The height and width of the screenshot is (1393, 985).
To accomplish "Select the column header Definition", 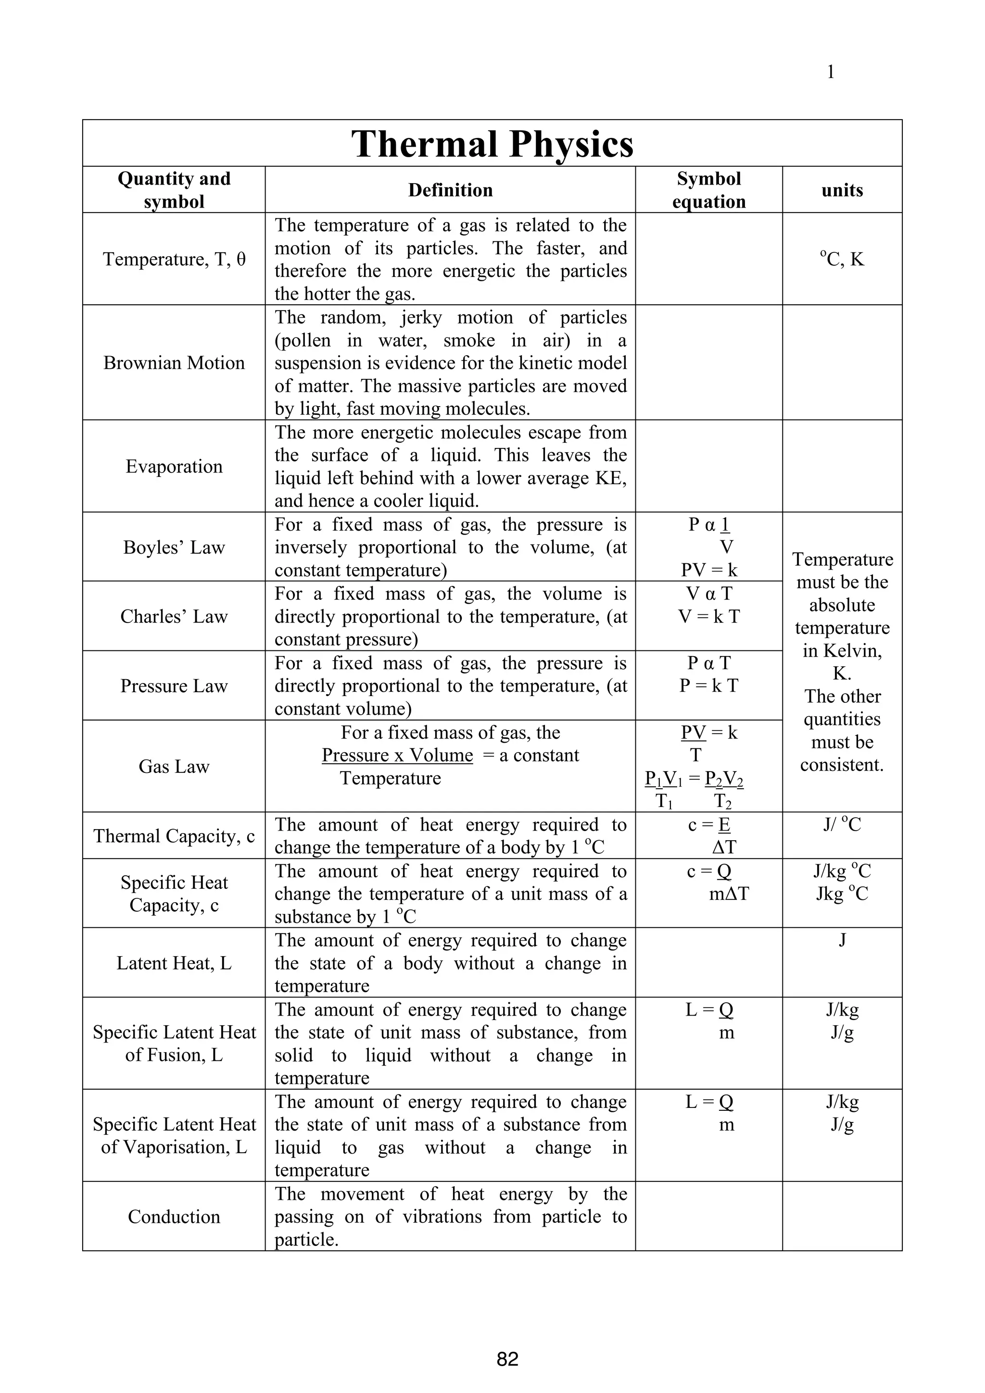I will (450, 190).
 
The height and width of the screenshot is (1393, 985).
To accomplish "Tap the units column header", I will (842, 190).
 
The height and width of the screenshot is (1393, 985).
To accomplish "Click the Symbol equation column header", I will (708, 190).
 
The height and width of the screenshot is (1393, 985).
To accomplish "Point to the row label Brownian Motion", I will (174, 363).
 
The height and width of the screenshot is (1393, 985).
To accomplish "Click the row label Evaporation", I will (174, 467).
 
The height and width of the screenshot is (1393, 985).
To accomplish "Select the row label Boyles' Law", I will (174, 547).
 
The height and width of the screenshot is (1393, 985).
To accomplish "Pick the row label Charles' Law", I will (174, 616).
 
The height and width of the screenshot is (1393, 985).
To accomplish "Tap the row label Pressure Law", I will (174, 685).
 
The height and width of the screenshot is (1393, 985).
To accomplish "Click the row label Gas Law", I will (174, 766).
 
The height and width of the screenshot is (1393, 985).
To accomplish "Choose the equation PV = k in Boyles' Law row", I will (708, 570).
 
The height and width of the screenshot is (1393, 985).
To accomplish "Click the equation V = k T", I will (708, 616).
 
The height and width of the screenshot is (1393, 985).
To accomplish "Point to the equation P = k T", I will (708, 685).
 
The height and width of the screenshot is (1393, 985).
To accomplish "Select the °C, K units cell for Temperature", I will (842, 259).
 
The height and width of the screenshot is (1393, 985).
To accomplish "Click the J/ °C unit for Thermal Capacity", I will (842, 824).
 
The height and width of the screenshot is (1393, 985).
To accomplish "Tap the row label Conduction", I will (174, 1217).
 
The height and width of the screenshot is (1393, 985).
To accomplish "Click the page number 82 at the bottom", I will (507, 1359).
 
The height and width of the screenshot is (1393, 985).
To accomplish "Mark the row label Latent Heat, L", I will (174, 963).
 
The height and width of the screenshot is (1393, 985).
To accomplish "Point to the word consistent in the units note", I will (841, 764).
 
